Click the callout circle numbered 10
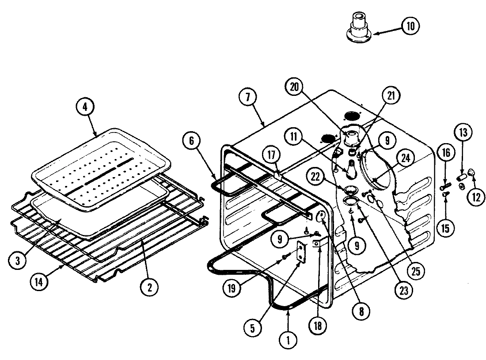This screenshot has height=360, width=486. pos(410,26)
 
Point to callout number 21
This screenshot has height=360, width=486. pos(391,96)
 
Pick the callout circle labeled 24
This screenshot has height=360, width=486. pos(404,157)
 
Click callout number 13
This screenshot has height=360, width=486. pos(463,133)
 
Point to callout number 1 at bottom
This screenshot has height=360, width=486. pos(289,341)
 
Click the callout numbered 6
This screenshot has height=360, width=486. pos(192,142)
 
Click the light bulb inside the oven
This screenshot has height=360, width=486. pos(352,169)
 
